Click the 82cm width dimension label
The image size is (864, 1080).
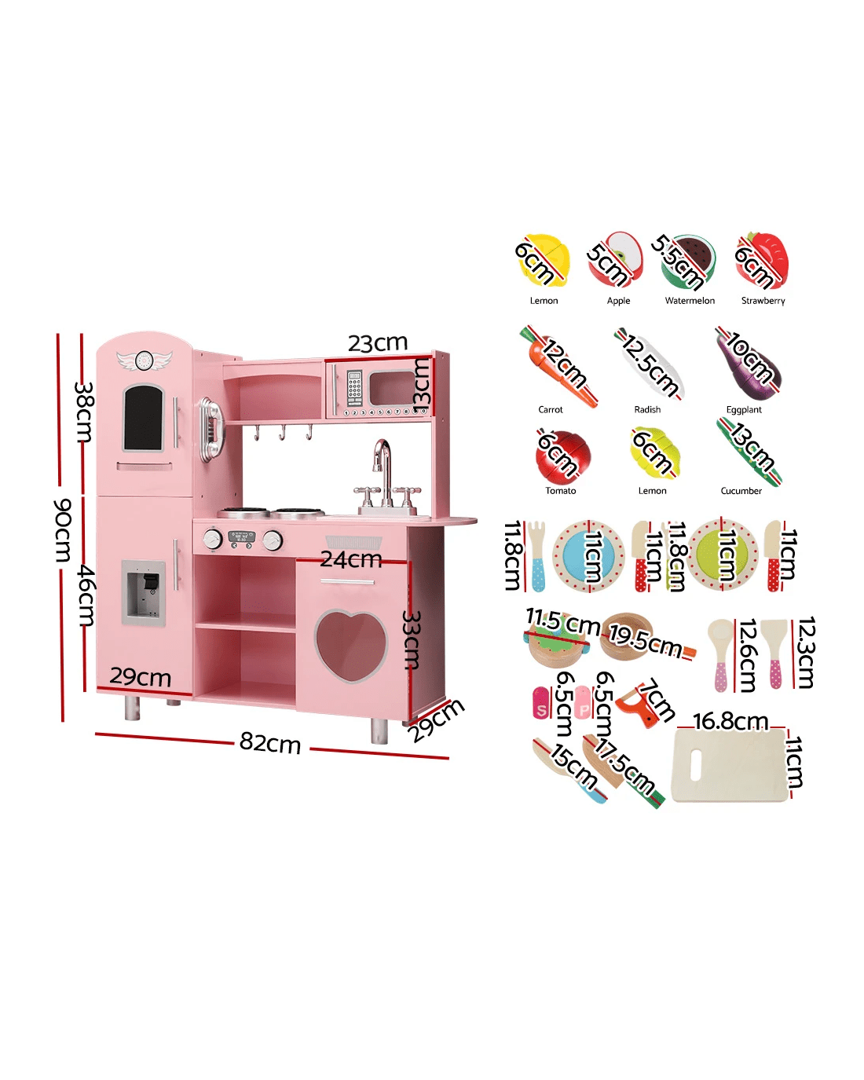coord(270,743)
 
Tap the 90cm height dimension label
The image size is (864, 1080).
coord(62,530)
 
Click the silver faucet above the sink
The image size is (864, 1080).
coord(383,472)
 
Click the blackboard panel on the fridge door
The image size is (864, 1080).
coord(143,417)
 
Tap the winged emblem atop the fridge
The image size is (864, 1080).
coord(144,360)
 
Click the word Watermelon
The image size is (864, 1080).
coord(690,301)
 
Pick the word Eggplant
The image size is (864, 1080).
coord(744,410)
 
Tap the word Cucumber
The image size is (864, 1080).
coord(741,491)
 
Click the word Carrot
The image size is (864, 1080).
coord(551,410)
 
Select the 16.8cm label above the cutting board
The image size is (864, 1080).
coord(730,721)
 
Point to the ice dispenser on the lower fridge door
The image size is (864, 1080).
coord(144,593)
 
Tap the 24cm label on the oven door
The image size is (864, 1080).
coord(351,559)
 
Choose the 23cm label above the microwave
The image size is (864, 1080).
coord(378,343)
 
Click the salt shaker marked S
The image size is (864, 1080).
coord(541,704)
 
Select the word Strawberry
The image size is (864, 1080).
coord(763,301)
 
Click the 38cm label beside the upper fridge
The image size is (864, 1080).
coord(84,412)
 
